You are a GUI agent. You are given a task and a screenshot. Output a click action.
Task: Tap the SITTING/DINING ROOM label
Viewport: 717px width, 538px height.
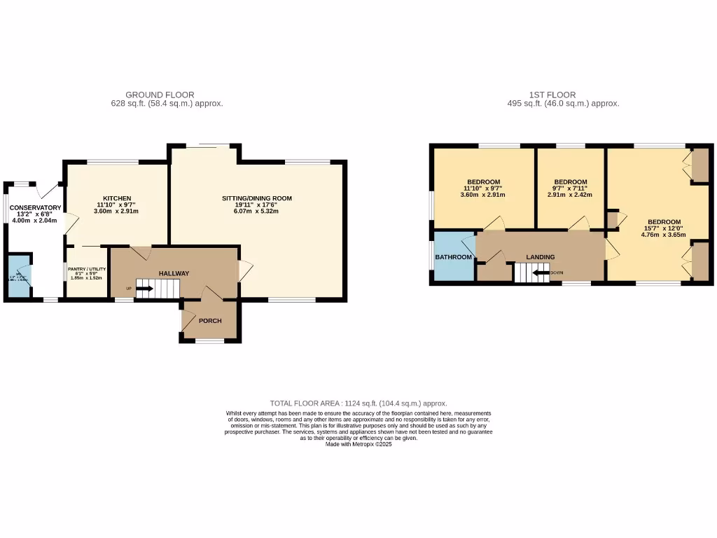click(257, 198)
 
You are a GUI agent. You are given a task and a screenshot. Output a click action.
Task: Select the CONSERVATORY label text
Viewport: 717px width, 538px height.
click(35, 207)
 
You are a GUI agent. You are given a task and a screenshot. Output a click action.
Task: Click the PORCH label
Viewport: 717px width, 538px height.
click(210, 321)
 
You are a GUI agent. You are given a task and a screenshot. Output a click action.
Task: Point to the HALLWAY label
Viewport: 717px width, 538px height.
click(174, 273)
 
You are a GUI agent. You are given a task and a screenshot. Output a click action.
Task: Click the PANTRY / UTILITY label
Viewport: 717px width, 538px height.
click(87, 268)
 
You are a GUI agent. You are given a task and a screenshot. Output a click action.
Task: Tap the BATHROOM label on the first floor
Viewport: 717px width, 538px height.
click(454, 257)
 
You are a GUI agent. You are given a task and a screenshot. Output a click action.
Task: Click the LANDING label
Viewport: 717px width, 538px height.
click(541, 257)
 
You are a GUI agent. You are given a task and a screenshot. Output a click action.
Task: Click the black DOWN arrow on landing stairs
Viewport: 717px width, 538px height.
click(541, 273)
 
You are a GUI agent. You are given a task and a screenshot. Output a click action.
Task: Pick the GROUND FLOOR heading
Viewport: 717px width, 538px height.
click(160, 95)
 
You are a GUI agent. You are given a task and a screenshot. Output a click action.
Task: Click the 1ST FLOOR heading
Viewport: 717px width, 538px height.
click(552, 95)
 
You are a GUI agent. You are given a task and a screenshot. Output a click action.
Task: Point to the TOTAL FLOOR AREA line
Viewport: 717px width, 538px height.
click(358, 403)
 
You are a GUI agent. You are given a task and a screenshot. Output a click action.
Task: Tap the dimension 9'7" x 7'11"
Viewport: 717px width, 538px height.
click(571, 188)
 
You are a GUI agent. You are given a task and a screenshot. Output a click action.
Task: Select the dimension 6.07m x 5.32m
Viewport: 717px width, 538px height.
click(257, 211)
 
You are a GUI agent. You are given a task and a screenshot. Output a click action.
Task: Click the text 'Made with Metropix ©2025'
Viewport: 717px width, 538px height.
click(358, 444)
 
